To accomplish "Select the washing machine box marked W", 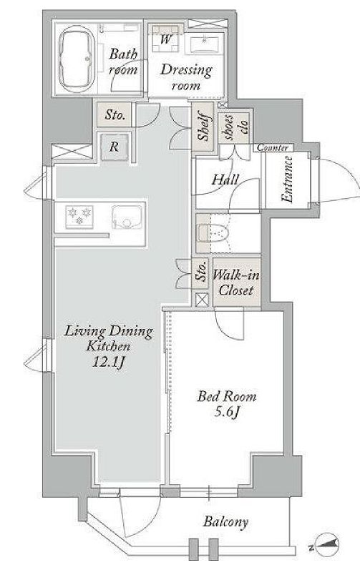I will (165, 40).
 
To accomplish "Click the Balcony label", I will (225, 522).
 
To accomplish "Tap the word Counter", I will (273, 148).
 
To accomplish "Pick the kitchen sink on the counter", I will (125, 215).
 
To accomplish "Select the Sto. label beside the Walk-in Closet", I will (200, 275).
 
